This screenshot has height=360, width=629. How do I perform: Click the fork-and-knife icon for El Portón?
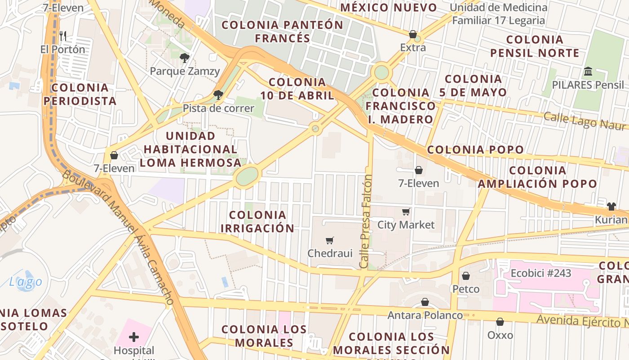(x=63, y=36)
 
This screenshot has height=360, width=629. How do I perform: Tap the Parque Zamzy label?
(x=185, y=71)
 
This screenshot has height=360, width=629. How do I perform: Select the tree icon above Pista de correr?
(x=218, y=94)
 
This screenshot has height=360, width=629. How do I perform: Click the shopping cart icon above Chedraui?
(x=330, y=241)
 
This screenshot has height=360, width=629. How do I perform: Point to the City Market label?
(x=406, y=225)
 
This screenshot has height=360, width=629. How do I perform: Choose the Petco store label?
(x=466, y=288)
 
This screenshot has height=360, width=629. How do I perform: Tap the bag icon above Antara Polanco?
(x=425, y=302)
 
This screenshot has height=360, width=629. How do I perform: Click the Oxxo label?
(x=500, y=335)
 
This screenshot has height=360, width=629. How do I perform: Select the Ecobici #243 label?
(x=541, y=273)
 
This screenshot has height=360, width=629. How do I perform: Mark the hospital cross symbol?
(x=134, y=337)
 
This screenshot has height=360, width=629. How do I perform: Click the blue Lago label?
(x=26, y=282)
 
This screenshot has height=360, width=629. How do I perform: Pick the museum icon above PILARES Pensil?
(x=588, y=72)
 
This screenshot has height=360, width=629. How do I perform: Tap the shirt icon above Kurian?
(x=611, y=207)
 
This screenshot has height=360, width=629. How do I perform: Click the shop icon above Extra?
(x=412, y=34)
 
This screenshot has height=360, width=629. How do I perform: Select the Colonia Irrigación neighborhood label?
(x=257, y=221)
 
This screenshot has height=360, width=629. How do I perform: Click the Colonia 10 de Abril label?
(x=297, y=89)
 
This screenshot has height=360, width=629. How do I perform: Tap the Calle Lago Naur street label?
(x=585, y=121)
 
